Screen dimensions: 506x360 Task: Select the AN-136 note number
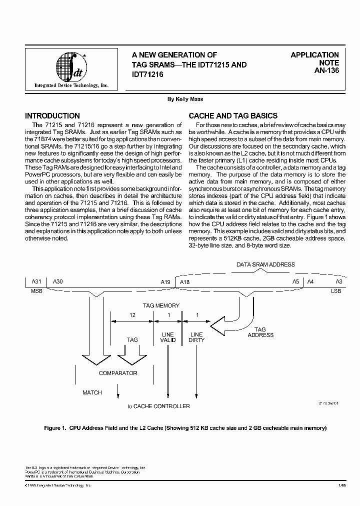(326, 71)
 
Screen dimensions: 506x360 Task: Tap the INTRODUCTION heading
(52, 115)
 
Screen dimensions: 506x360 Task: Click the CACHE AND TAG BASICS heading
(233, 115)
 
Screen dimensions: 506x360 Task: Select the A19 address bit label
(166, 282)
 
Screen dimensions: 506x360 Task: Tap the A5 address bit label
(295, 282)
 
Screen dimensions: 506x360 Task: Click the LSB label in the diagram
(335, 290)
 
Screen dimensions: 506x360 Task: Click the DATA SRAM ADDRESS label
(265, 264)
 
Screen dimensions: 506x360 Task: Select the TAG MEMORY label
(161, 305)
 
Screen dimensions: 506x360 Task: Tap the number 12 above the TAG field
(132, 315)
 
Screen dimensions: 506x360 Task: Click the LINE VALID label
(168, 337)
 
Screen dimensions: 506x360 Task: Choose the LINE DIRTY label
(196, 337)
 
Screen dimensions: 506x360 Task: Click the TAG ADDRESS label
(260, 332)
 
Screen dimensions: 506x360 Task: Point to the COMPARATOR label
(118, 373)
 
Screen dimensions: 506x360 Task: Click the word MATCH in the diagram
(92, 392)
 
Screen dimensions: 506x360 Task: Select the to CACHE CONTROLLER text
(158, 406)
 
